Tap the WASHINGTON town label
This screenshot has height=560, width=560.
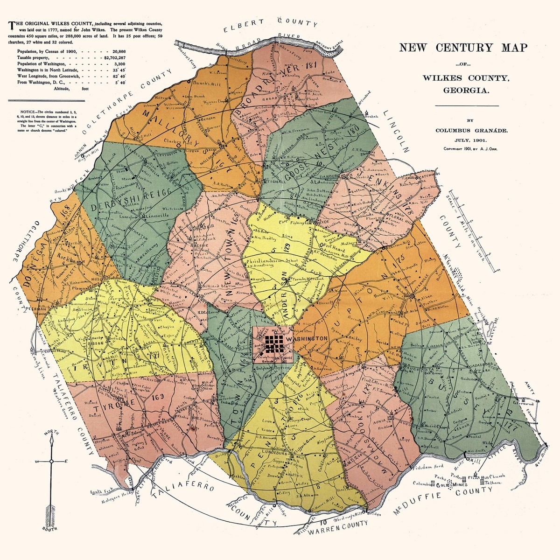(306, 337)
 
